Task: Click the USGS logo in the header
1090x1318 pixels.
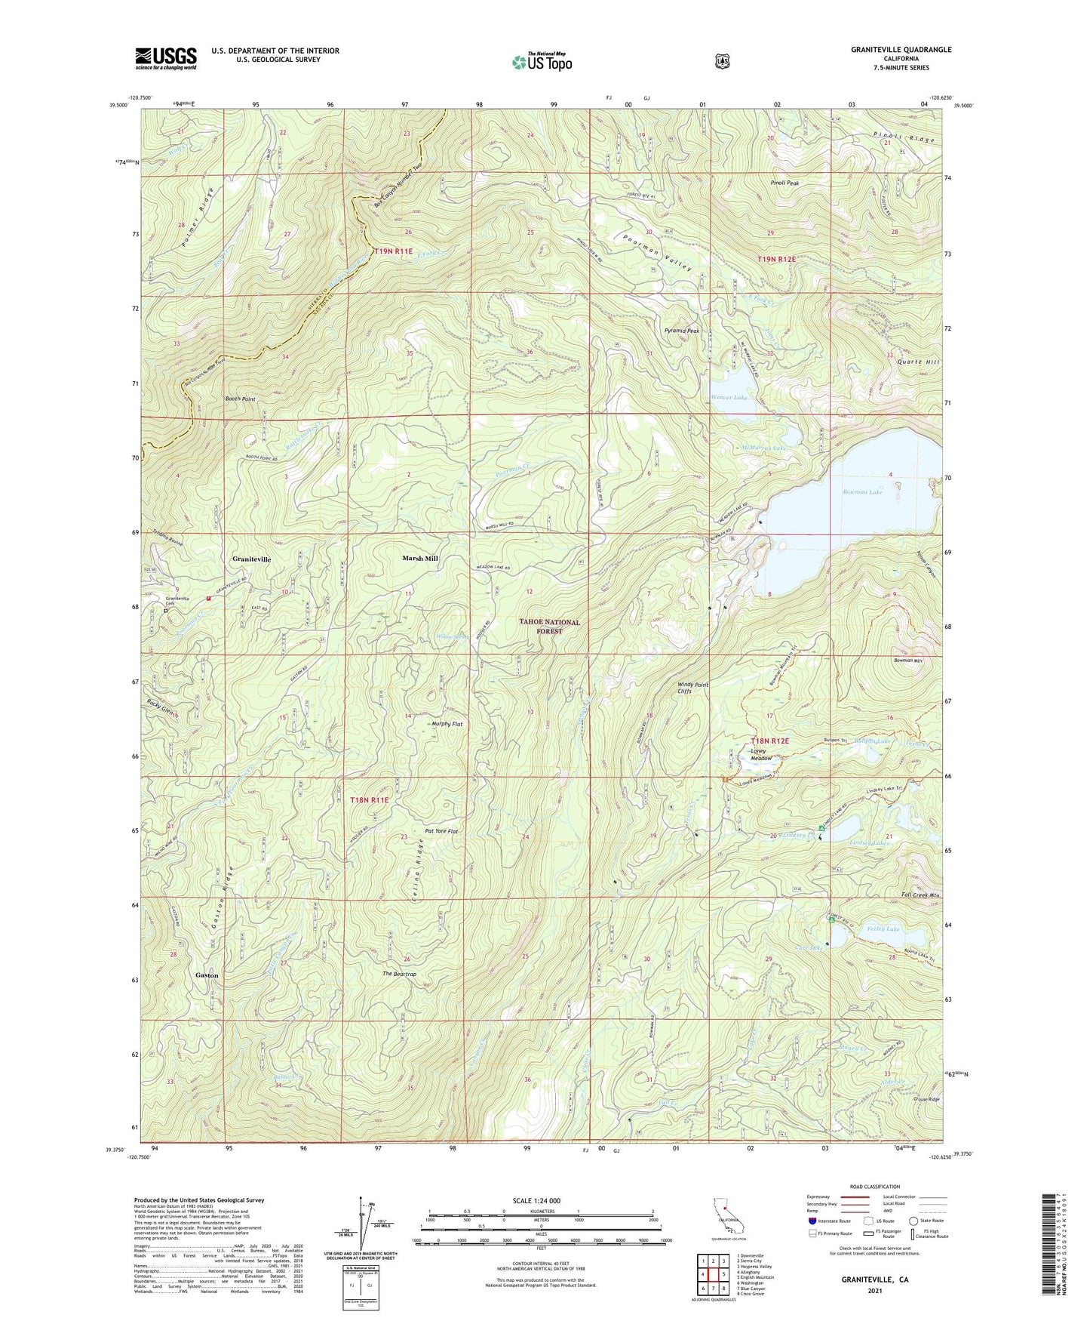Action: click(166, 57)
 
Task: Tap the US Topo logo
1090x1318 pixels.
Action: click(542, 62)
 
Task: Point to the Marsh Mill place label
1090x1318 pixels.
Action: click(419, 559)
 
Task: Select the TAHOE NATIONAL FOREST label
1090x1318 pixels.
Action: click(549, 627)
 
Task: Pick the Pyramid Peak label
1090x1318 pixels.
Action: click(682, 331)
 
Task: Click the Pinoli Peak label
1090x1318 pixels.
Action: click(784, 183)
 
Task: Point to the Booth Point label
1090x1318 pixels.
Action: click(240, 399)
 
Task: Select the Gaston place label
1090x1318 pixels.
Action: click(207, 975)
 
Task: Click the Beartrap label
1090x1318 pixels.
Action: click(399, 975)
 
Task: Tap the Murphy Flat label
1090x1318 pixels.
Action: click(447, 724)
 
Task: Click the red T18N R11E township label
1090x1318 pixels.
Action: click(370, 800)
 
